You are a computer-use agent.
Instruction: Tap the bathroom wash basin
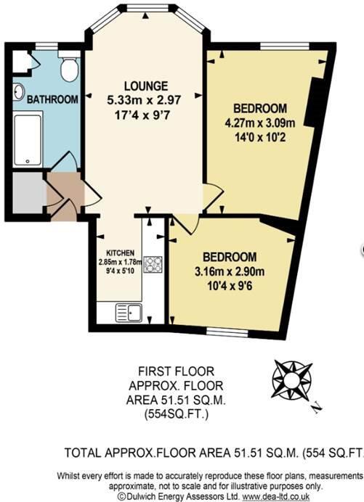coord(19,92)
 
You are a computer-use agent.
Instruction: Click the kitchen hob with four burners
coord(153,264)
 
